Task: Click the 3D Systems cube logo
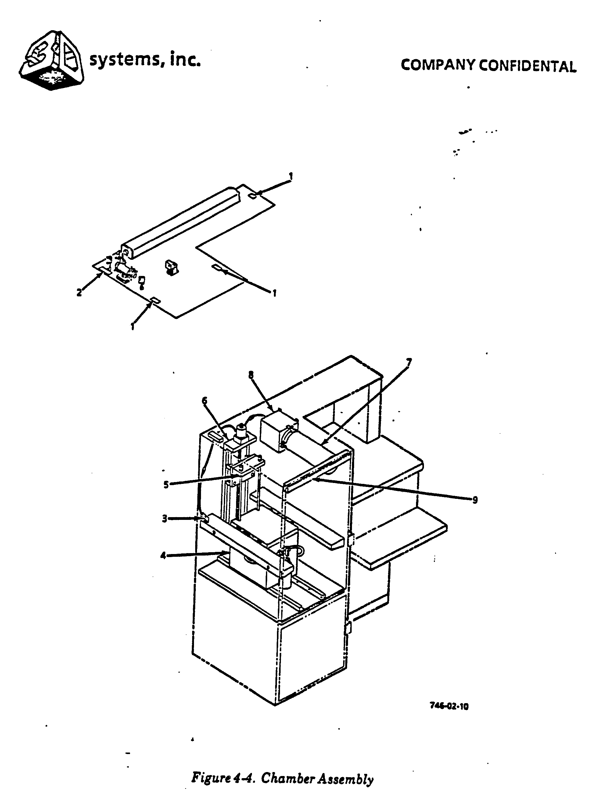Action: pos(52,61)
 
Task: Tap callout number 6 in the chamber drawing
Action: pos(205,401)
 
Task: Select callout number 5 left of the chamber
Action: pos(166,485)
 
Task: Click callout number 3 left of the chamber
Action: pos(164,519)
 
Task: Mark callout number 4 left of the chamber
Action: pos(163,556)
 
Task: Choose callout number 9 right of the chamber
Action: pos(475,500)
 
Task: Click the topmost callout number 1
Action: pos(290,176)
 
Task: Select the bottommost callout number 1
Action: pos(133,327)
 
